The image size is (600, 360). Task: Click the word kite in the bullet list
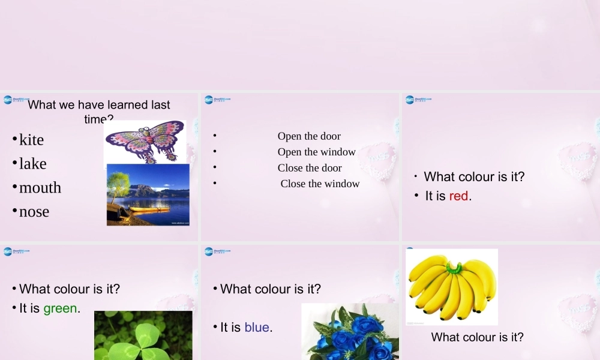31,140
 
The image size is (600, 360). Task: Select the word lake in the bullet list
32,164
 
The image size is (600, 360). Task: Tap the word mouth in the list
40,188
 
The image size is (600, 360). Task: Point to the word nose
34,212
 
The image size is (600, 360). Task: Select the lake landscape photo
148,194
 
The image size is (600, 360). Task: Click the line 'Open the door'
309,136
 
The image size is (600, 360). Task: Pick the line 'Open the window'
316,152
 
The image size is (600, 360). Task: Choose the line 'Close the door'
310,168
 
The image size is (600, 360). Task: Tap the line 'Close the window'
320,184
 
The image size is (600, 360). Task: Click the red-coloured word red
458,196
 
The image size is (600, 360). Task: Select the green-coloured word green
60,308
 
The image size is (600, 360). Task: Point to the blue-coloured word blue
257,328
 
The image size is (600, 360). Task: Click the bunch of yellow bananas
452,286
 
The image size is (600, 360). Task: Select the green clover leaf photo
143,337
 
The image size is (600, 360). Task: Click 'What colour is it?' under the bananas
477,337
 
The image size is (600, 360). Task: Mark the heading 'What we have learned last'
99,105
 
